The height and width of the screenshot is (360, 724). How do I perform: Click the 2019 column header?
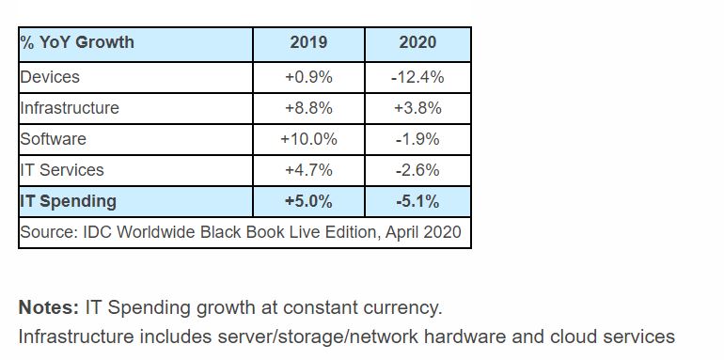308,42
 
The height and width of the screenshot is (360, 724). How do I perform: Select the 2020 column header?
417,42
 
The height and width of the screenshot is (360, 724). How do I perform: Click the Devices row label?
50,77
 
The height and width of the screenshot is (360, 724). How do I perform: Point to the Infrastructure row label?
70,108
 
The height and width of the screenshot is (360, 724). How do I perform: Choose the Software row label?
53,139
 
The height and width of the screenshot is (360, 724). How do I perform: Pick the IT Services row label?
62,170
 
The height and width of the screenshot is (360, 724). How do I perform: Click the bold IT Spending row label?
68,201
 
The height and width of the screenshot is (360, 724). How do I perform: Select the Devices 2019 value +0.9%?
308,77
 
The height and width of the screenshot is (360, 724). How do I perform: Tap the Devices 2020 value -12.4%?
417,77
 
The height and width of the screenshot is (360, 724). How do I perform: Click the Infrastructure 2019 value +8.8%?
308,108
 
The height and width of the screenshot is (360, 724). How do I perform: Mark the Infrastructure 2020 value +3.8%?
417,108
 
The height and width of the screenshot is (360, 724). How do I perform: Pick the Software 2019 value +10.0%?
308,139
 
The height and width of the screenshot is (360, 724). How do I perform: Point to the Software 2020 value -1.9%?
417,139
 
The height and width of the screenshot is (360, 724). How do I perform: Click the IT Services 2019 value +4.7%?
308,170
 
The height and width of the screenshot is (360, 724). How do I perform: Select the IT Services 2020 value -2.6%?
417,170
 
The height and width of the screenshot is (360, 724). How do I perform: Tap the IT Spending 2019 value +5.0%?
308,202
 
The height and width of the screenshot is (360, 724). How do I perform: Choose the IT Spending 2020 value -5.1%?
417,202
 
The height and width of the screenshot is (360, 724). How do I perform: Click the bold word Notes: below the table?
49,307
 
